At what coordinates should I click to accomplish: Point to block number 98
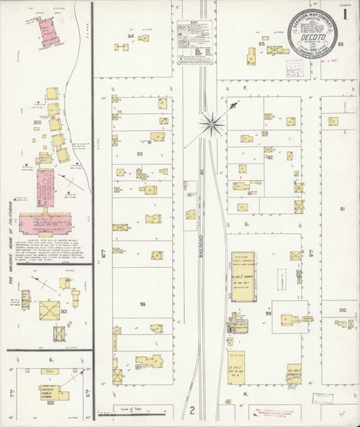(143, 305)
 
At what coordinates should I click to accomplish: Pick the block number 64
(132, 36)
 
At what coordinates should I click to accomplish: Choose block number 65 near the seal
(263, 44)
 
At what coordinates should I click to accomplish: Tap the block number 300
(37, 124)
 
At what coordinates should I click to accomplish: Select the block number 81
(343, 209)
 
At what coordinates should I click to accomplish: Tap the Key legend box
(196, 42)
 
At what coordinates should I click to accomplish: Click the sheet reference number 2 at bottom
(192, 411)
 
